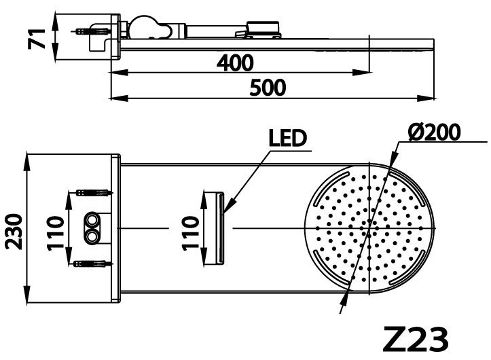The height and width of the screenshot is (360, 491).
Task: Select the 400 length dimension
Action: pos(235,63)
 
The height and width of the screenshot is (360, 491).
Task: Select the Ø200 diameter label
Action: pos(436,131)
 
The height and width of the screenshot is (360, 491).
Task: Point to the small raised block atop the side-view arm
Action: pos(263,26)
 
